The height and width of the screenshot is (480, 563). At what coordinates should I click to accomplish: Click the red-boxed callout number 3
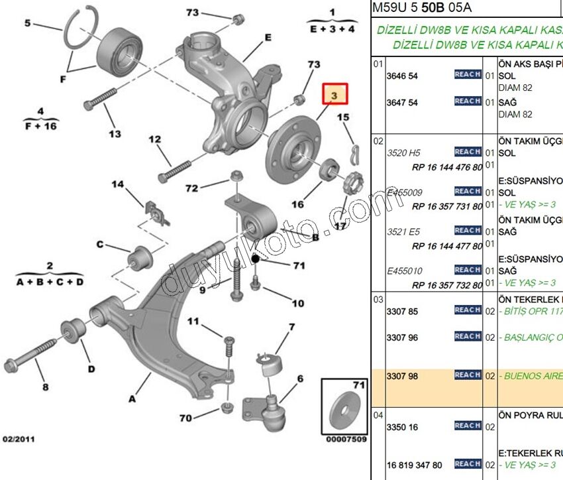[x=334, y=95]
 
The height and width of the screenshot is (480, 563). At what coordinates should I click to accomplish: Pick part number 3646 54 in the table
[x=402, y=76]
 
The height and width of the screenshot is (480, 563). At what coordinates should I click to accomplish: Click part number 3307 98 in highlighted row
[x=402, y=377]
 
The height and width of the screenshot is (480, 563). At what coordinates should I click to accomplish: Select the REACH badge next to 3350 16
[x=468, y=426]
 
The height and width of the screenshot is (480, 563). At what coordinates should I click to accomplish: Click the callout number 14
[x=117, y=184]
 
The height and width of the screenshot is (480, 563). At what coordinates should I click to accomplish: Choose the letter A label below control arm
[x=132, y=399]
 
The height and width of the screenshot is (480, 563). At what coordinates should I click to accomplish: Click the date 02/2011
[x=19, y=439]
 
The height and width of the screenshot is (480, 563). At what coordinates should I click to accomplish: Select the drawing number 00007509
[x=346, y=439]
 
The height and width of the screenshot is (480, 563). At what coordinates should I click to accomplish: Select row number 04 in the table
[x=378, y=415]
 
